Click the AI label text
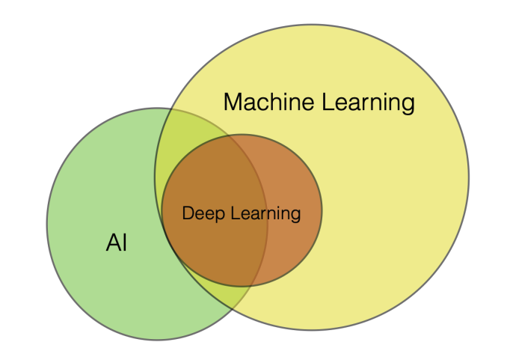(x=116, y=242)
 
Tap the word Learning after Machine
(x=368, y=103)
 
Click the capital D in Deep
(x=188, y=213)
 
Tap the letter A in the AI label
(x=111, y=242)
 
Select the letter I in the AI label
(x=123, y=242)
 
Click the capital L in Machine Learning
(x=328, y=102)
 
